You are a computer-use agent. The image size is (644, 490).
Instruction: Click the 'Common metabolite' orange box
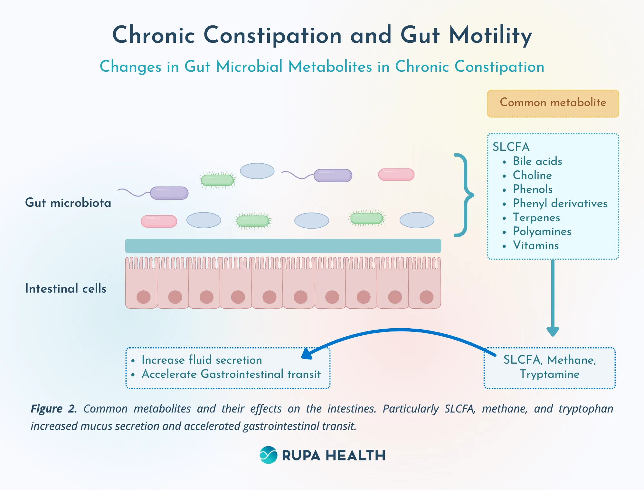(553, 103)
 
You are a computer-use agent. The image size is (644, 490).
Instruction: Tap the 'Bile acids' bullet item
(537, 161)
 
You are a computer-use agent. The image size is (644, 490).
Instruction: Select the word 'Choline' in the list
(532, 175)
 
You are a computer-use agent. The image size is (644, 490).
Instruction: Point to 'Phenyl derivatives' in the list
(560, 203)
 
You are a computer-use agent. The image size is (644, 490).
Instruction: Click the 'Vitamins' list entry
(536, 246)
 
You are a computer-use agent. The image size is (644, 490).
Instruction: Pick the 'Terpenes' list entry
(536, 217)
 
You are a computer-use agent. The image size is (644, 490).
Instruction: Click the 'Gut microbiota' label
(68, 203)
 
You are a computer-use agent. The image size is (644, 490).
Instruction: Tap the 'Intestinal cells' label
(66, 288)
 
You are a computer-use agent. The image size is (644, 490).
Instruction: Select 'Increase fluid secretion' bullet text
(202, 360)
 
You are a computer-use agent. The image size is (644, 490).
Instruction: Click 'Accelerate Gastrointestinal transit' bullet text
(231, 374)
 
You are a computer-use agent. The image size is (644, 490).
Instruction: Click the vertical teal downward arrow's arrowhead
(553, 331)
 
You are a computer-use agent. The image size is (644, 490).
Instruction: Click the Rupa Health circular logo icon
(268, 455)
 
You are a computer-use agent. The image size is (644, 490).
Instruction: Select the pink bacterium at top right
(396, 174)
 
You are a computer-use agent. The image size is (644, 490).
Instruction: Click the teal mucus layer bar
(283, 246)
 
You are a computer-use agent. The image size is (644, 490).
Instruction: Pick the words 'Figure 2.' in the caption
(54, 409)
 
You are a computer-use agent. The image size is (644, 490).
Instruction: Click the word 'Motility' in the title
(490, 35)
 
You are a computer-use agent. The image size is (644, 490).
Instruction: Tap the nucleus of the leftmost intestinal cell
(143, 297)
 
